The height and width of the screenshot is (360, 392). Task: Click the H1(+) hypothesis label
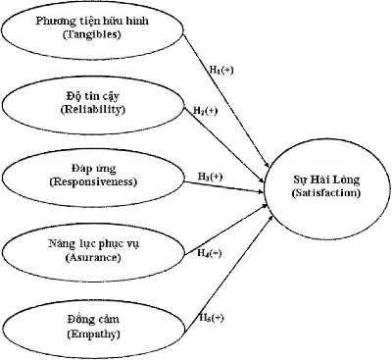click(x=222, y=74)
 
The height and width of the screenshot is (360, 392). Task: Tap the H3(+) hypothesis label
click(x=210, y=176)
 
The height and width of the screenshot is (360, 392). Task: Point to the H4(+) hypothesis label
click(x=209, y=252)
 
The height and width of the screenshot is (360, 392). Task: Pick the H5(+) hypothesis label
click(x=211, y=318)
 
